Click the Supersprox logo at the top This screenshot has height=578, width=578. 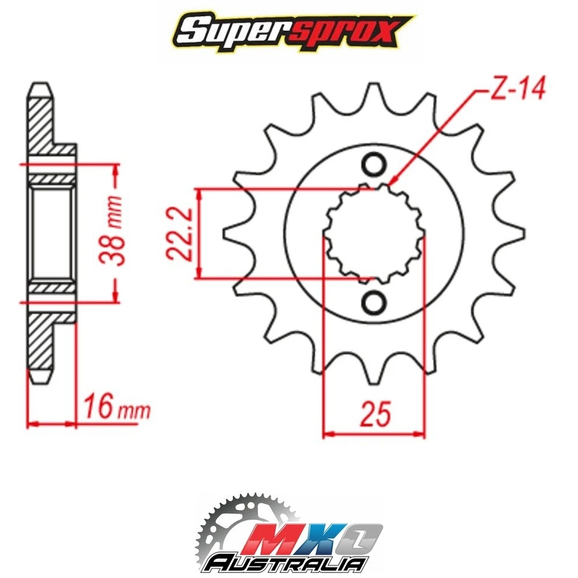[x=289, y=31]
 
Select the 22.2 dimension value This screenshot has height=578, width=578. [x=179, y=233]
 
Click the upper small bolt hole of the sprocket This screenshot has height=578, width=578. [x=374, y=164]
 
